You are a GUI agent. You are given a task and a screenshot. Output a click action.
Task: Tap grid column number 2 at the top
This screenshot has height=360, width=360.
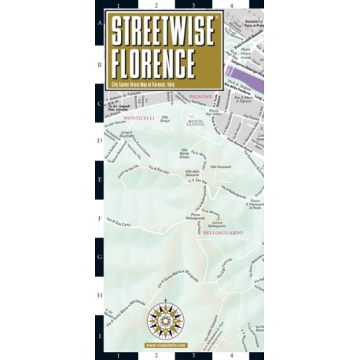(x=156, y=5)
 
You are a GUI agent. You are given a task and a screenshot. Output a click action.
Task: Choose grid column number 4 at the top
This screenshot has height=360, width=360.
(x=232, y=5)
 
